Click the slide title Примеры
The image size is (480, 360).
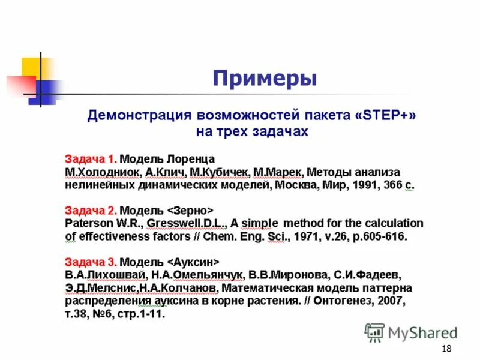point(265,79)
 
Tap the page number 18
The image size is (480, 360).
point(446,350)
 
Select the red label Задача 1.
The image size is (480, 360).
point(91,160)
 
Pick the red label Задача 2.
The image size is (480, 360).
point(91,211)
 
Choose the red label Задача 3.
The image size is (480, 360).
point(91,262)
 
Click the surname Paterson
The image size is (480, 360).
point(88,224)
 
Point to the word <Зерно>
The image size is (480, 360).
point(190,211)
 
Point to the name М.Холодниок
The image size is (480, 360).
point(103,173)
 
